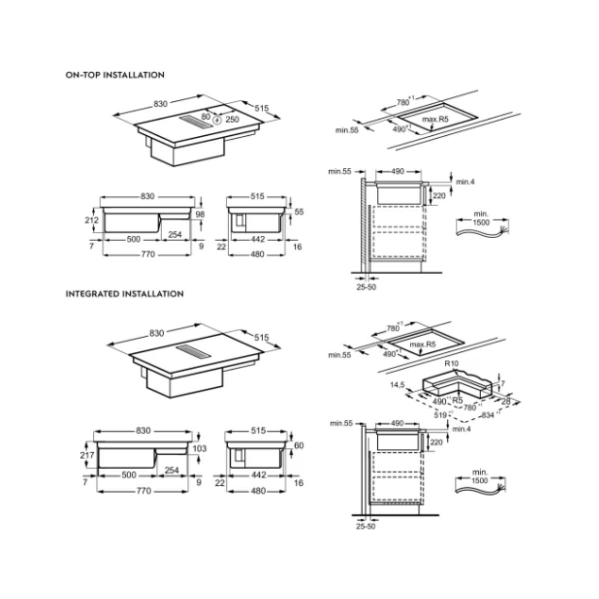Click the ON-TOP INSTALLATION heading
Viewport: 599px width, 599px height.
(x=115, y=75)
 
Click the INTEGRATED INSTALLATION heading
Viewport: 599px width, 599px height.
(x=124, y=294)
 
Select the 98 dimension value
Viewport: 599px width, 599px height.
(x=200, y=214)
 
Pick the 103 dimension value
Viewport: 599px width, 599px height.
(x=199, y=448)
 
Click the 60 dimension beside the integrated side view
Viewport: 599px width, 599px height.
(x=299, y=445)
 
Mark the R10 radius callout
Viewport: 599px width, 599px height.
(x=451, y=364)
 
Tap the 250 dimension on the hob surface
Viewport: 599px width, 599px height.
(x=232, y=119)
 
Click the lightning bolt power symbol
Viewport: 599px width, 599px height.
(x=217, y=120)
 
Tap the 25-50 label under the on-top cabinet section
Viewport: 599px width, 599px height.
(x=366, y=287)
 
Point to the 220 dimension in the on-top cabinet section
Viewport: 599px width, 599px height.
(x=439, y=196)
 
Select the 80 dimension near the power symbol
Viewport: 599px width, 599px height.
(x=205, y=116)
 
